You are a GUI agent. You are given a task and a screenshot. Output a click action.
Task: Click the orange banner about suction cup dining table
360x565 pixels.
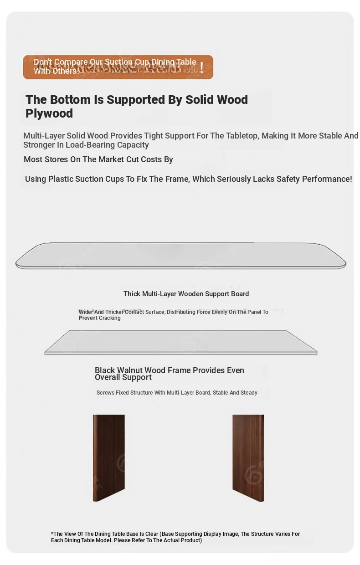[x=118, y=67]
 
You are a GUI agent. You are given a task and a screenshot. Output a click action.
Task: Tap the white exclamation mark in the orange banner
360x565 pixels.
[x=201, y=67]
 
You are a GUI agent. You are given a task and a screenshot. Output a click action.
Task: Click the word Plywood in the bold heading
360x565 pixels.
[x=49, y=113]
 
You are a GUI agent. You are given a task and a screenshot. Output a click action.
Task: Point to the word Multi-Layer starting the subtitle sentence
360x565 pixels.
[x=44, y=136]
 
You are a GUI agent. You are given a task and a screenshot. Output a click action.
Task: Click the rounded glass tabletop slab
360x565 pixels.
[x=180, y=256]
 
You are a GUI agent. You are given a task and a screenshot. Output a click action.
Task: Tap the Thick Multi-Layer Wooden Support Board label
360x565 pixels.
[x=186, y=294]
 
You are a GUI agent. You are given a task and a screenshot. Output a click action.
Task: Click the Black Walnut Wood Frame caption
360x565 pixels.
[x=169, y=374]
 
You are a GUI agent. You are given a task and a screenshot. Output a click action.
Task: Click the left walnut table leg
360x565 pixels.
[x=109, y=457]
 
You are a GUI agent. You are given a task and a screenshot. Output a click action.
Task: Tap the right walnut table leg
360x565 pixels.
[x=248, y=457]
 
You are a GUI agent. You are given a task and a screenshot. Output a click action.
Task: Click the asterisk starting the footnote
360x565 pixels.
[x=52, y=534]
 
